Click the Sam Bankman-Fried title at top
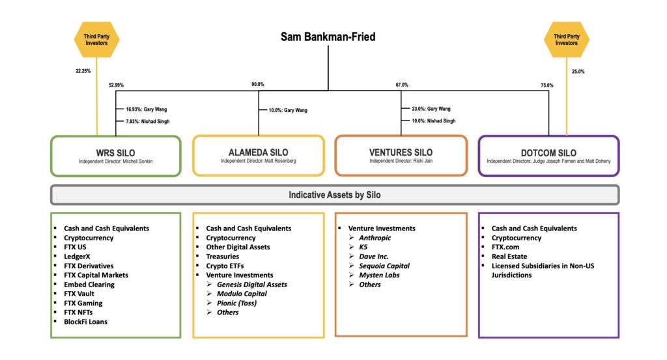(x=328, y=37)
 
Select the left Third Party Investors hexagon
(x=96, y=40)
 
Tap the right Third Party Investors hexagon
(x=566, y=40)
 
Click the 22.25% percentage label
(x=83, y=71)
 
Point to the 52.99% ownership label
(x=116, y=85)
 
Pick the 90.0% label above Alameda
(x=258, y=84)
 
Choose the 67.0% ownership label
(x=402, y=85)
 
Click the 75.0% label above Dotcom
(x=547, y=85)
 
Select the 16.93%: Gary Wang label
(x=147, y=109)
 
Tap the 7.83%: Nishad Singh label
(x=148, y=121)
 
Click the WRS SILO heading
(x=116, y=152)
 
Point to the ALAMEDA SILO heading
(x=258, y=152)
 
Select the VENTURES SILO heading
(x=401, y=152)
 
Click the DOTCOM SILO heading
(x=548, y=152)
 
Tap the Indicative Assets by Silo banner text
(x=335, y=195)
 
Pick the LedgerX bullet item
(x=77, y=256)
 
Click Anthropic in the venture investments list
(x=375, y=238)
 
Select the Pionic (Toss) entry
(x=236, y=303)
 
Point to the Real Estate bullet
(x=509, y=256)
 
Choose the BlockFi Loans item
(x=85, y=322)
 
